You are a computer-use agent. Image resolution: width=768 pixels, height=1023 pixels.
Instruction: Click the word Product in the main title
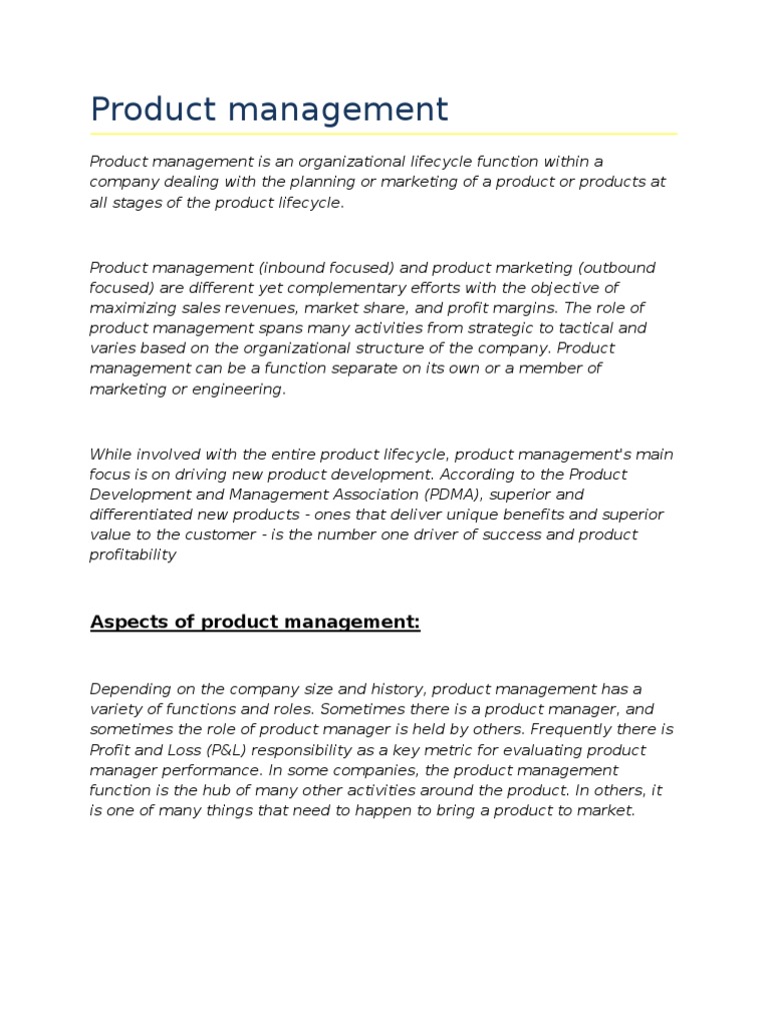pos(152,109)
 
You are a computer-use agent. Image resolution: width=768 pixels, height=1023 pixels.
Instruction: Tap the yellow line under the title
pos(383,133)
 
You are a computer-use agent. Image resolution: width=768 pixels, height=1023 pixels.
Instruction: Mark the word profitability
pos(133,554)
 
